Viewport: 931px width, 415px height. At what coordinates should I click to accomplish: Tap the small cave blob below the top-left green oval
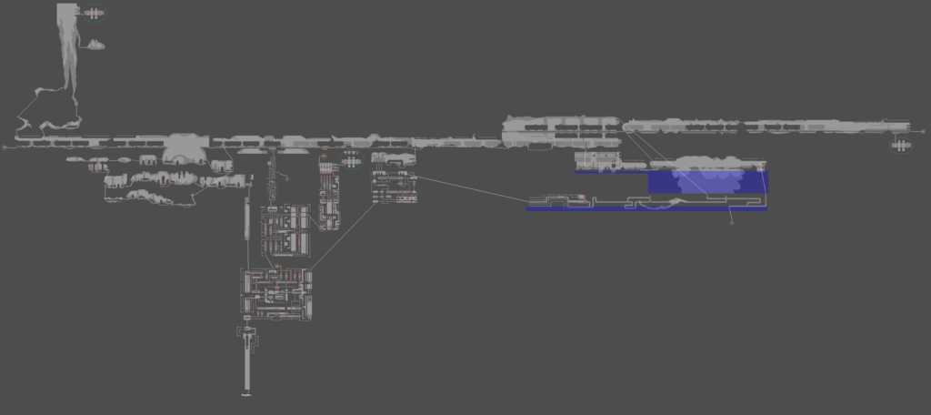(x=95, y=45)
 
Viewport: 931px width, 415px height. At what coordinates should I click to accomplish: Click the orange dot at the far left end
(x=5, y=146)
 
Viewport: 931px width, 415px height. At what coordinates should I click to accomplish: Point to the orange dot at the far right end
(x=924, y=131)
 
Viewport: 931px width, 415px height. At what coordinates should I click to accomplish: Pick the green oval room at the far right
(x=900, y=145)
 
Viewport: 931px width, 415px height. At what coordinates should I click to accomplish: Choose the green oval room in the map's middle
(x=350, y=161)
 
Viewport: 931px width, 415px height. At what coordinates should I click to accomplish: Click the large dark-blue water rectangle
(x=708, y=182)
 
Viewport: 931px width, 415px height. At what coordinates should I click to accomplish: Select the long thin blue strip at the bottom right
(x=646, y=209)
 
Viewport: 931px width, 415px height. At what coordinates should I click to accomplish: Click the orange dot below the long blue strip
(x=732, y=222)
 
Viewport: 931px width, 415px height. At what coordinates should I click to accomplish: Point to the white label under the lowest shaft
(x=246, y=396)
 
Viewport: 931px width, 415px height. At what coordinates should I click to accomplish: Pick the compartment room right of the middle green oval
(x=395, y=187)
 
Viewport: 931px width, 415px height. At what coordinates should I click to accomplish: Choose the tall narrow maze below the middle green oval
(x=328, y=195)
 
